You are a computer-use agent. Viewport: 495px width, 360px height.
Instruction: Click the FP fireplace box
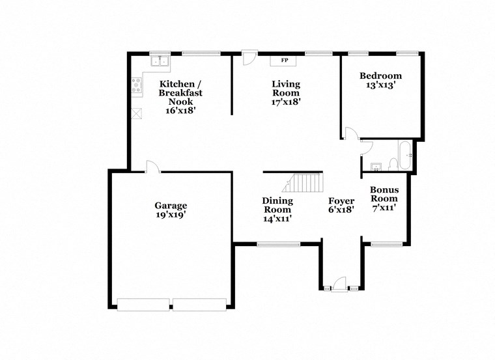click(284, 61)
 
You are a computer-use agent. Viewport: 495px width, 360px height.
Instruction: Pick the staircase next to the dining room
click(305, 182)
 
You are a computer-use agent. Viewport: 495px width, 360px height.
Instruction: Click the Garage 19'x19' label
click(171, 210)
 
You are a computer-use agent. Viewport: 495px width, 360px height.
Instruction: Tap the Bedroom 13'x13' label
click(381, 81)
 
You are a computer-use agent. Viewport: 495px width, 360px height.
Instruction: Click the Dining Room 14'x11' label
click(277, 210)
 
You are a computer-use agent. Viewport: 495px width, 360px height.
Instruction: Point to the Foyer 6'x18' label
click(341, 206)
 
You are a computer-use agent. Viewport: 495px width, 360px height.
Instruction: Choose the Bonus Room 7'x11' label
click(384, 199)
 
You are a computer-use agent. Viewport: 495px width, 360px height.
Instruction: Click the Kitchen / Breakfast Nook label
click(181, 97)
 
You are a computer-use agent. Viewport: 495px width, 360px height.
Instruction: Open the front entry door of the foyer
click(339, 284)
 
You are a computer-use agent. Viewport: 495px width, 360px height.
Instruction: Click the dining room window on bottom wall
click(278, 244)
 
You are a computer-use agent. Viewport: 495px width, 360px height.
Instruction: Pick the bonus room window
click(386, 244)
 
